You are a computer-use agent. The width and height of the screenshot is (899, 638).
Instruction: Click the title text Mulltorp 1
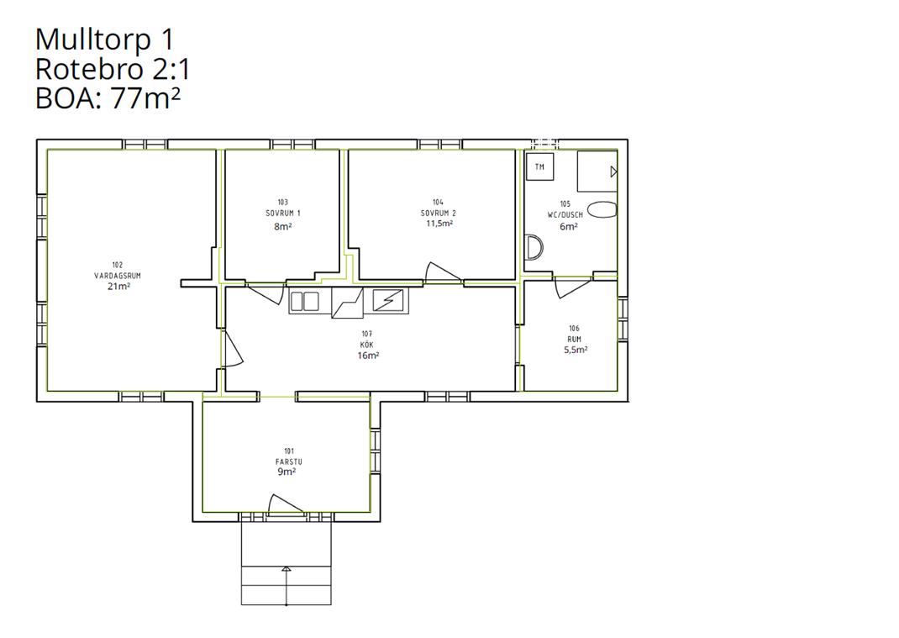pos(104,40)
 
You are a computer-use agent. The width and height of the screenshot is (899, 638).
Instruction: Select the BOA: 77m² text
pos(108,98)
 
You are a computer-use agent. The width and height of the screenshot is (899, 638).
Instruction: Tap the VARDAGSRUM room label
pos(118,276)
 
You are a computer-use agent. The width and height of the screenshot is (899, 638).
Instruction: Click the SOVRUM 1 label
pos(283,213)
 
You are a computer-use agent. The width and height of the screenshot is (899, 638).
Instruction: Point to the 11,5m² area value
pos(439,224)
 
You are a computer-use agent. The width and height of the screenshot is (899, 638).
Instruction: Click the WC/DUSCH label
pos(565,214)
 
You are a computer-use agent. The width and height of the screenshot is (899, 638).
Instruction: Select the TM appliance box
pos(540,167)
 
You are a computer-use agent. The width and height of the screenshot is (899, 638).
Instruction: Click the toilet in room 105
pos(602,210)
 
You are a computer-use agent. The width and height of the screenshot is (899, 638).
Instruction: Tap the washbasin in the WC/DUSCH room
pos(534,247)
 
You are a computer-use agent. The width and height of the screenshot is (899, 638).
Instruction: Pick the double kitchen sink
pos(304,301)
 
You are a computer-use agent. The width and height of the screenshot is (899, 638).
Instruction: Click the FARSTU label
pos(289,461)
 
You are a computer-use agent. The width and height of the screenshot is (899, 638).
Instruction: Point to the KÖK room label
pos(367,345)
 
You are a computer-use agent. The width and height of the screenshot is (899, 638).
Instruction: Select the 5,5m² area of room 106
pos(576,350)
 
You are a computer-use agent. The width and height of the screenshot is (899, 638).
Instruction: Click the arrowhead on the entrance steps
pos(287,569)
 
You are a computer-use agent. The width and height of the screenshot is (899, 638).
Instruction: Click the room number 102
pos(118,265)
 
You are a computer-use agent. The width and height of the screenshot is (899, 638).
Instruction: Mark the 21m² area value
pos(118,287)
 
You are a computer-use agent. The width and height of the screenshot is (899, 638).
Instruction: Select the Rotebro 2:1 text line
pos(113,69)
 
